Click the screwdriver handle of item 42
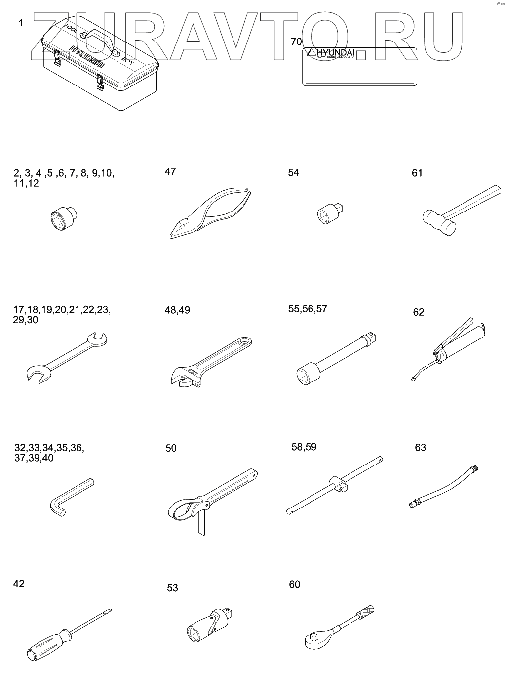click(48, 642)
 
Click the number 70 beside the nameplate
click(296, 42)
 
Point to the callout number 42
click(19, 584)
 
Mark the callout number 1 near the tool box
click(21, 23)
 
